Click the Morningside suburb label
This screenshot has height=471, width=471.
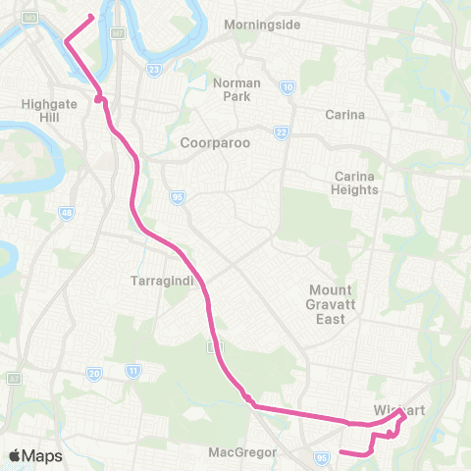(262, 24)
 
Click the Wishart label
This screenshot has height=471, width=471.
(398, 410)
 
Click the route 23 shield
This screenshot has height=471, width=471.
(153, 70)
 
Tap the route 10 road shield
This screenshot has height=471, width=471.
(288, 87)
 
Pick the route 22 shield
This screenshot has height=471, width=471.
(282, 132)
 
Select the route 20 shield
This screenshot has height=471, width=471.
(94, 373)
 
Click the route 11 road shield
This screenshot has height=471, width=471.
(132, 372)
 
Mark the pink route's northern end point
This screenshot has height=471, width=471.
(91, 16)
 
